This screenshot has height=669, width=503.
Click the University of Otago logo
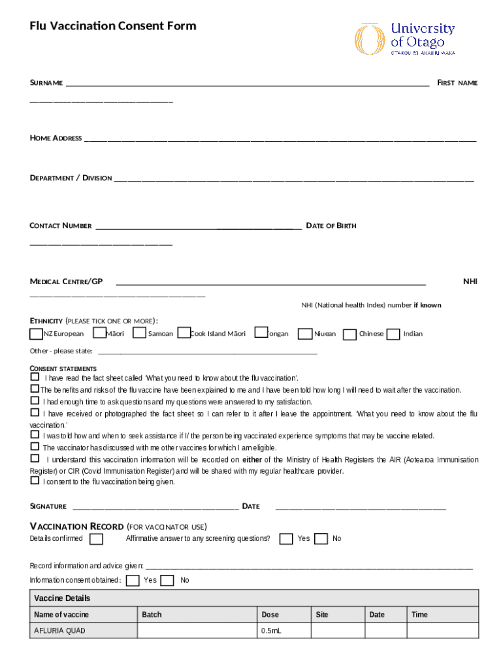[x=405, y=39]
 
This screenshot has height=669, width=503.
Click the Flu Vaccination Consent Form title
[x=113, y=26]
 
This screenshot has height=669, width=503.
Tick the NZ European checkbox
[x=36, y=334]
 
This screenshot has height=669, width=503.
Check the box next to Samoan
[x=138, y=333]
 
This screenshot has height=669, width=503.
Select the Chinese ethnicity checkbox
[x=349, y=334]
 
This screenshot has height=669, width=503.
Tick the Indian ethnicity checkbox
[x=393, y=334]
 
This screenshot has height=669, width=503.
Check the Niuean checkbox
[x=304, y=334]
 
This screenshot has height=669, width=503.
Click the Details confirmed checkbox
[x=96, y=539]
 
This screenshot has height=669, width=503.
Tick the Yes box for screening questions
[x=285, y=539]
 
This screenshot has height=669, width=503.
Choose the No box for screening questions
[x=321, y=539]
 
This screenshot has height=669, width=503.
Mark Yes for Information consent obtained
[x=133, y=580]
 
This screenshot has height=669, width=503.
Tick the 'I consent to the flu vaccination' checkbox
[x=35, y=481]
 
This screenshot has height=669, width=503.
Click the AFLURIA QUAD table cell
[x=83, y=631]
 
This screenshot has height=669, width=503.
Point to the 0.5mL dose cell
[x=284, y=631]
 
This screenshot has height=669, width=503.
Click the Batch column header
[x=197, y=615]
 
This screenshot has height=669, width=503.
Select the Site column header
[x=338, y=615]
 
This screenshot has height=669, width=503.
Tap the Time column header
[x=443, y=615]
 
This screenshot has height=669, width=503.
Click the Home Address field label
[x=56, y=138]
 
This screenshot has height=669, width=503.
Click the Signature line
[x=155, y=507]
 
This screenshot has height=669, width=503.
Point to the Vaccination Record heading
[x=77, y=527]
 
